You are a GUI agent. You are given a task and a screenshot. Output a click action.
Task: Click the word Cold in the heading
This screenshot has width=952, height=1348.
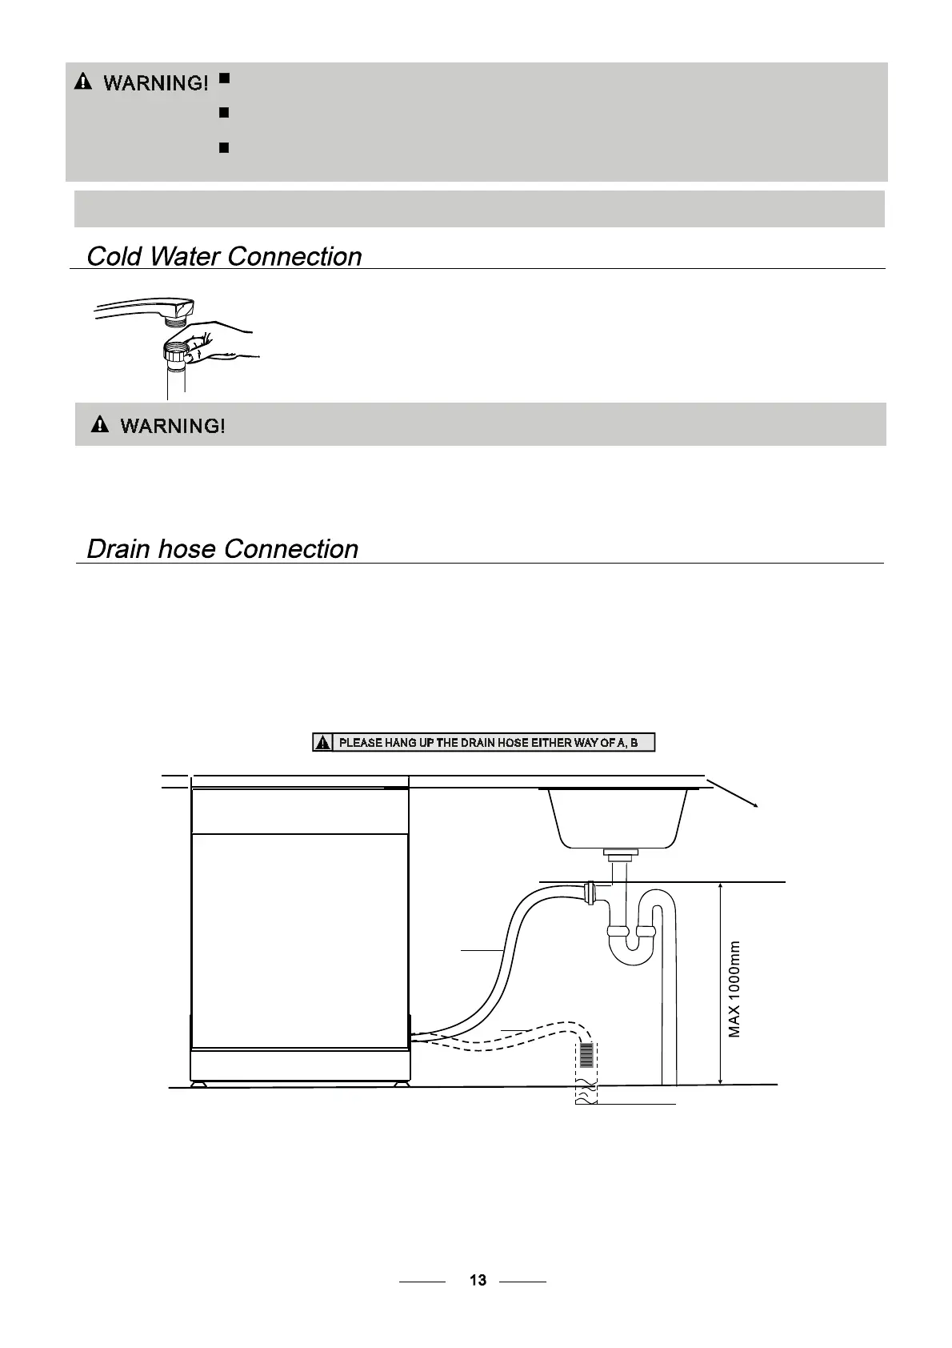pos(114,256)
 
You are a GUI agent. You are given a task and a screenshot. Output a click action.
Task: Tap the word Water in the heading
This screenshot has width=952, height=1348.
pos(185,256)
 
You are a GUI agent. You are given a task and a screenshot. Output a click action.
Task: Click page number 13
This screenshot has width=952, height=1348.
pos(478,1280)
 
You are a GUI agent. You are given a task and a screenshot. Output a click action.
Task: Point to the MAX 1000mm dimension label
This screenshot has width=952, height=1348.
pos(734,989)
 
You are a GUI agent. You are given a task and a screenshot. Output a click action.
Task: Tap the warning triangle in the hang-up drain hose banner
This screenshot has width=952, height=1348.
pos(322,743)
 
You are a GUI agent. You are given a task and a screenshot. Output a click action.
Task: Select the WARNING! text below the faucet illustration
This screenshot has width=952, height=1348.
pos(172,425)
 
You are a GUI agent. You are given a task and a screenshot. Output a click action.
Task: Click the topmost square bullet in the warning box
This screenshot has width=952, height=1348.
pos(224,78)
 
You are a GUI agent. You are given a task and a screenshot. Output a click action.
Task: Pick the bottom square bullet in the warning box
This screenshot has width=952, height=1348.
pos(224,148)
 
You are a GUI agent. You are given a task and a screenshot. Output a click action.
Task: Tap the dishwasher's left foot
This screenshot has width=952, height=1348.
pos(198,1085)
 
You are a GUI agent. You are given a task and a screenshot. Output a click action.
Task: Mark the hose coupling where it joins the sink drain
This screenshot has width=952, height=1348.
pos(590,892)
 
